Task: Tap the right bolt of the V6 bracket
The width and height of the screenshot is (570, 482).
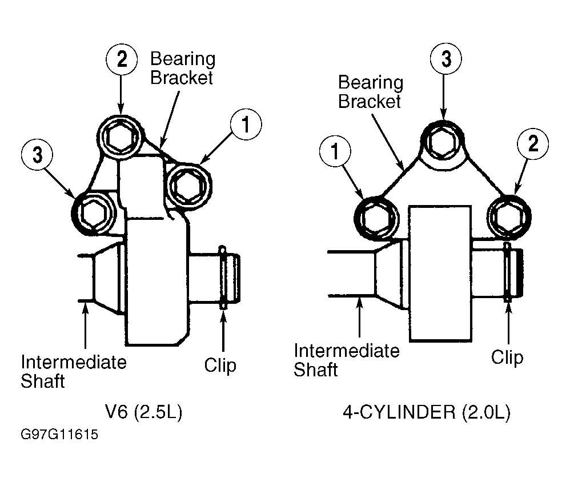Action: coord(188,186)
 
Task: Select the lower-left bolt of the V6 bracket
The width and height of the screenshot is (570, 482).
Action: coord(94,214)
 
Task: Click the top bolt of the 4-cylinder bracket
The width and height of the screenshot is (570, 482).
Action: coord(442,142)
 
